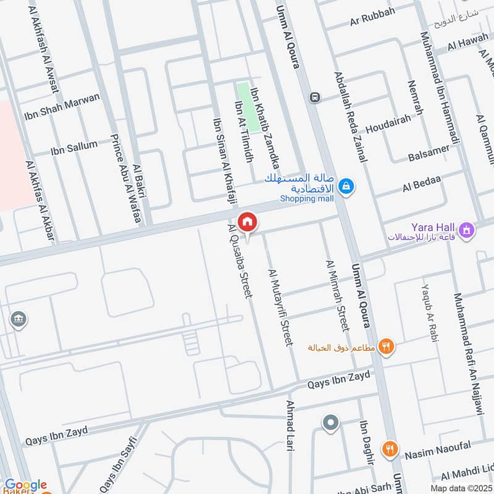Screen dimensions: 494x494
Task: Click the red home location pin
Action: coord(247,222)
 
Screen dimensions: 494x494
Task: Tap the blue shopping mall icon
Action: coord(347,185)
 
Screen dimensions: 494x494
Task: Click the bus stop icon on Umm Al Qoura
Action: coord(316,97)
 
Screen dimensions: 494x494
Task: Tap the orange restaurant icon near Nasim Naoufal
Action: coord(389,449)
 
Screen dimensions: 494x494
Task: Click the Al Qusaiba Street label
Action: coord(241,262)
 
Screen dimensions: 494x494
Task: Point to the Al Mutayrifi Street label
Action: coord(279,307)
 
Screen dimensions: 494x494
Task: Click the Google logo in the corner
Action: coord(26,485)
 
